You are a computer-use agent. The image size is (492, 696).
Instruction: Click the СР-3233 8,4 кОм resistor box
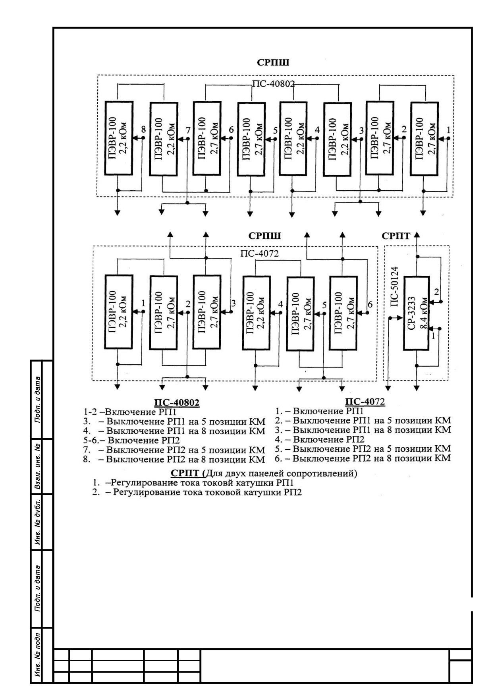coord(416,313)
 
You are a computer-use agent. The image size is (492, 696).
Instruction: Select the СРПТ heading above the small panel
coord(396,236)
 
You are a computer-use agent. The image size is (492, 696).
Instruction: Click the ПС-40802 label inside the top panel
coord(274,84)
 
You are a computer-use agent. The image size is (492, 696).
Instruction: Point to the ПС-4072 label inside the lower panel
coord(260,253)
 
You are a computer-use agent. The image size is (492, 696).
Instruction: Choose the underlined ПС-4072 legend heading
coord(365,402)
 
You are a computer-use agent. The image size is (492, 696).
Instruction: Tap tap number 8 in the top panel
coord(143,129)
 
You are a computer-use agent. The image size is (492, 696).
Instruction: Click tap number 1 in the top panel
coord(449,130)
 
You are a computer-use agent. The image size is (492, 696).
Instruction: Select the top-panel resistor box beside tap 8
coord(119,138)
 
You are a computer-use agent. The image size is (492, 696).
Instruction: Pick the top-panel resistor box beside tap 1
coord(424,139)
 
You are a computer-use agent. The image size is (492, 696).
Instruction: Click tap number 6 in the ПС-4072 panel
coord(370,304)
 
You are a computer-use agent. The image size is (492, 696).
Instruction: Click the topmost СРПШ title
coord(273,63)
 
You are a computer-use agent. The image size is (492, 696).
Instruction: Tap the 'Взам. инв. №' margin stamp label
coord(38,466)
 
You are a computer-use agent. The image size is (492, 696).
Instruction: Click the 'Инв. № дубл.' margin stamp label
coord(38,522)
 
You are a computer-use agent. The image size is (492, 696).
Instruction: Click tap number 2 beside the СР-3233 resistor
coord(437,292)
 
